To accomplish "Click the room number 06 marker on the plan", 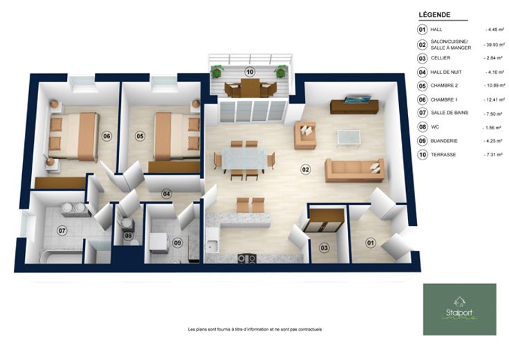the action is pos(107,136).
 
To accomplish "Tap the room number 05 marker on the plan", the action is pos(140,136).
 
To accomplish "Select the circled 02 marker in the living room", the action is pos(306,169).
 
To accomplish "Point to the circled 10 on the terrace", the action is pos(250,72).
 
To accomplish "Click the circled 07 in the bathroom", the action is pos(62,231).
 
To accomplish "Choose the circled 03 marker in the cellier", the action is pos(324,248).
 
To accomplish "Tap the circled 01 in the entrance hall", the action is pos(371,243).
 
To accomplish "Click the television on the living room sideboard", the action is pos(357,99).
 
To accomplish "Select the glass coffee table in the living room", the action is pos(349,138).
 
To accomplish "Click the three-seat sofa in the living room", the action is pos(355,170).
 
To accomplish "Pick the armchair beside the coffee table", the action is pos(305,135).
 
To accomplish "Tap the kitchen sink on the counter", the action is pos(212,246).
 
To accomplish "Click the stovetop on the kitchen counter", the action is pos(247,258).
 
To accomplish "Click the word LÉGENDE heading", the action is pos(434,15).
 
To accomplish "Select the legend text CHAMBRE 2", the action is pos(444,86).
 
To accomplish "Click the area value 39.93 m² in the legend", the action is pos(494,45).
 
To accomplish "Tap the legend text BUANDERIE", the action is pos(444,141).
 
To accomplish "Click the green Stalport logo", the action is pos(460,310).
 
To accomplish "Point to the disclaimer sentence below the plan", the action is pos(254,329).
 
